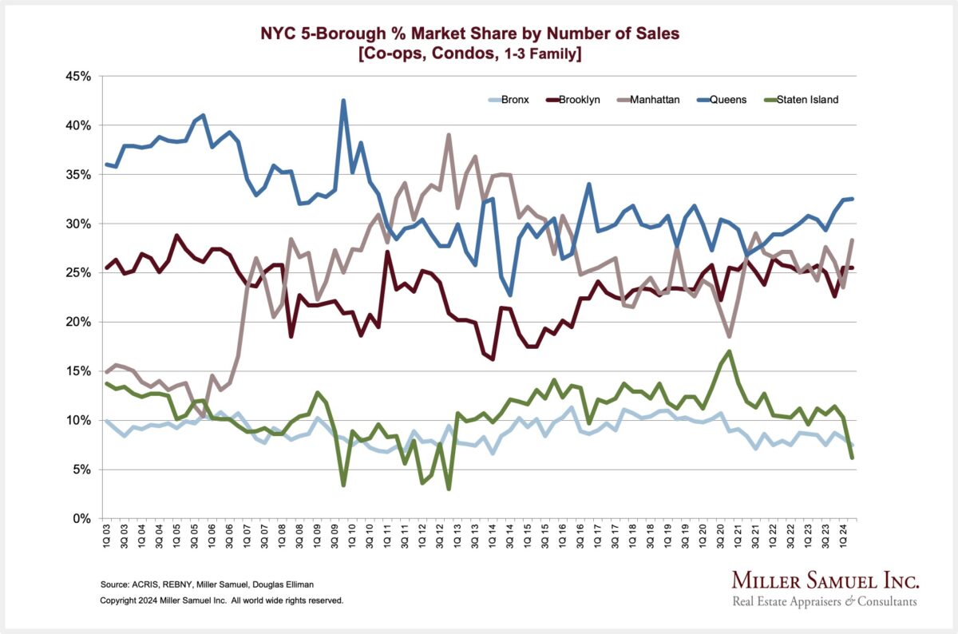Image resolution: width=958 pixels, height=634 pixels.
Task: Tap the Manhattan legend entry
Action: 655,100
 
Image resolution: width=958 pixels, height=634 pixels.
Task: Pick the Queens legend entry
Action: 730,100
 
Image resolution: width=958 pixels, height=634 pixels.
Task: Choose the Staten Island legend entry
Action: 802,100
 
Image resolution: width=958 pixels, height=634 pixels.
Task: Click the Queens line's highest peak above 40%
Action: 343,101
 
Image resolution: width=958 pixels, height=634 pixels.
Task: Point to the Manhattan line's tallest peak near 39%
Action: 449,135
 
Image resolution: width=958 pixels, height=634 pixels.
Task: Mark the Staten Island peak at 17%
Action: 730,351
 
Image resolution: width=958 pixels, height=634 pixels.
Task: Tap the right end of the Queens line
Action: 853,199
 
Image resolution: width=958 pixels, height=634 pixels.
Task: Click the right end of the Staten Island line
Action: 853,458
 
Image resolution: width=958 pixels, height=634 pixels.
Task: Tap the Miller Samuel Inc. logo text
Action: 825,581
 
